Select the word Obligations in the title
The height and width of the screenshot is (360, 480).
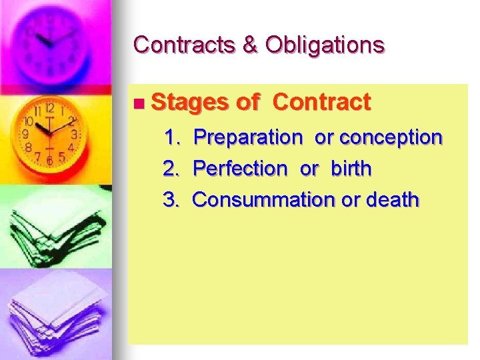(325, 45)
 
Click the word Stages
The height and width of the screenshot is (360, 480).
(189, 103)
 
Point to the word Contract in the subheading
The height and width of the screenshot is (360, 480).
(321, 102)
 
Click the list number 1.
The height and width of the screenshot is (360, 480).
(172, 137)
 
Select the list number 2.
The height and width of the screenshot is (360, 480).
(172, 169)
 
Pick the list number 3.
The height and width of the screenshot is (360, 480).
(172, 199)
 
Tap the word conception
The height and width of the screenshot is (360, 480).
(391, 137)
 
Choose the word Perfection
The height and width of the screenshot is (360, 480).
(239, 169)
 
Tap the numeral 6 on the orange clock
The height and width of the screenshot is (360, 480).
(49, 161)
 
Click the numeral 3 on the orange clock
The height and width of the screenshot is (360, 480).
(74, 134)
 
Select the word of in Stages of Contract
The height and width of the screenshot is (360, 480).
(247, 103)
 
